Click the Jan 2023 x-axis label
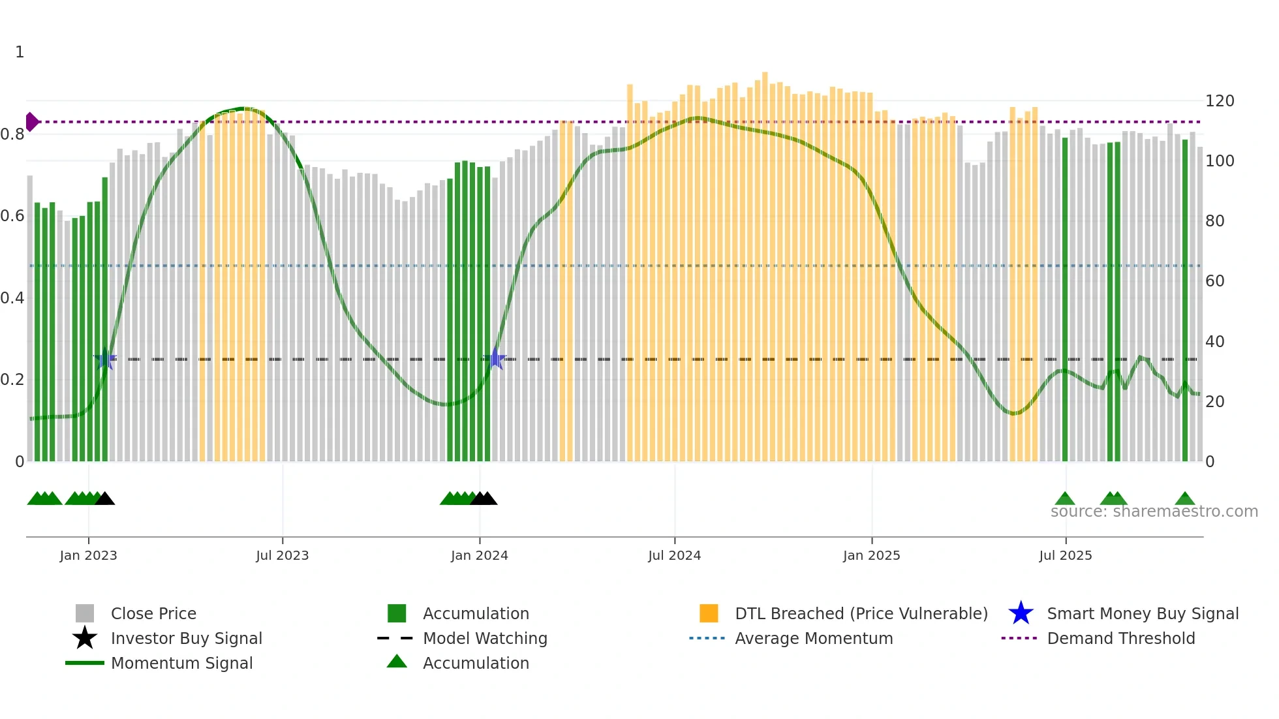[88, 555]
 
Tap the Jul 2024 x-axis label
[674, 555]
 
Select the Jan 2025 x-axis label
[871, 555]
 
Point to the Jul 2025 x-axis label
[1065, 555]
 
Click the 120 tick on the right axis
[1219, 101]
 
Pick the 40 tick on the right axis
[1214, 341]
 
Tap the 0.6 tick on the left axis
[13, 216]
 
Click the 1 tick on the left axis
[20, 52]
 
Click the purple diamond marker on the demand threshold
[31, 122]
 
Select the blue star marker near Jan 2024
[496, 359]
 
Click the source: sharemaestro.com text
[1154, 512]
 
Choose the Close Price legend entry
[153, 613]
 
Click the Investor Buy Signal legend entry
[186, 638]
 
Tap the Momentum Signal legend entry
[181, 663]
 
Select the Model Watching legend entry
[484, 638]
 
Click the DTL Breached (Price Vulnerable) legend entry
[861, 613]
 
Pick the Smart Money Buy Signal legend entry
[1142, 613]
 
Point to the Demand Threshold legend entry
[1120, 638]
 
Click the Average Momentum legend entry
[813, 638]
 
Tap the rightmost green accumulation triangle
[1185, 499]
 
